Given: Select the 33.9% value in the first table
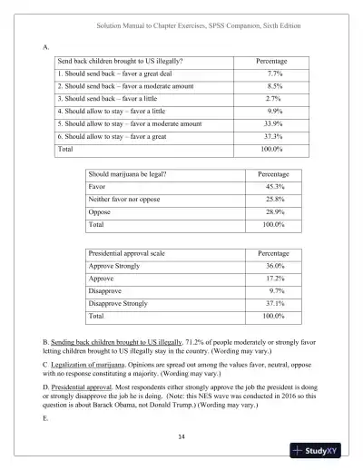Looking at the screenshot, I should click(274, 122).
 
